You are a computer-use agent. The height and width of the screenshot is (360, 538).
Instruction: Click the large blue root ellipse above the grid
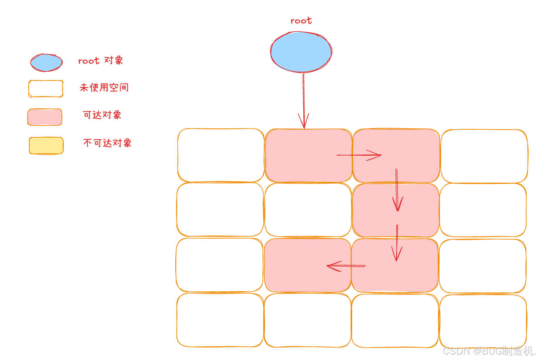pos(301,52)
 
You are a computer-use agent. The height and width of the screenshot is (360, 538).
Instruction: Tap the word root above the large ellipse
pos(301,21)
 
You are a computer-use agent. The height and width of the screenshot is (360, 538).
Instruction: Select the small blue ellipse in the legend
pos(46,62)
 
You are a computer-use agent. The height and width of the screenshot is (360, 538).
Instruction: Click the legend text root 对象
pos(100,61)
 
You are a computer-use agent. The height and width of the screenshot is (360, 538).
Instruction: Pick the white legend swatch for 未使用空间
pos(46,89)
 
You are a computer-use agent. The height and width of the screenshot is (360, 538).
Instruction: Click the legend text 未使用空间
pos(104,87)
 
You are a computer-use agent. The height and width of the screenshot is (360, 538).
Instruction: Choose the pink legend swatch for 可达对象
pos(45,117)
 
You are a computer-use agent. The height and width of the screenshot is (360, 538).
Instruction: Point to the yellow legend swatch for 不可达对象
pos(46,146)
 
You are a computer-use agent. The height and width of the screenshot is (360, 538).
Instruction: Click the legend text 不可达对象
pos(107,143)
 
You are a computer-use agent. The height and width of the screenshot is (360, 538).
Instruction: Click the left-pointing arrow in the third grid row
pos(346,266)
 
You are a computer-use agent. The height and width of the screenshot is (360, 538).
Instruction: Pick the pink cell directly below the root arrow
pos(308,155)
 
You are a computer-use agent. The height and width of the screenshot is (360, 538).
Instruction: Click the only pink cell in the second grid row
pos(395,210)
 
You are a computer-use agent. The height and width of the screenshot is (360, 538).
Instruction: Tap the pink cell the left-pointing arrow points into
pos(308,266)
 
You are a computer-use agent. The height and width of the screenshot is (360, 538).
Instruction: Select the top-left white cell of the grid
pos(221,155)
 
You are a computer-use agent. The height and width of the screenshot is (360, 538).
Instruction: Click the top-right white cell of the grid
pos(484,156)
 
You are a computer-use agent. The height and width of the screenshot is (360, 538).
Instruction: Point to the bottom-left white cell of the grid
pos(220,320)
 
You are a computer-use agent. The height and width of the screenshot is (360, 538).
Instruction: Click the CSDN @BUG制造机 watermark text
pos(489,351)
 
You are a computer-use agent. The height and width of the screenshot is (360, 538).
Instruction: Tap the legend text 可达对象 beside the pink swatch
pos(102,115)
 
